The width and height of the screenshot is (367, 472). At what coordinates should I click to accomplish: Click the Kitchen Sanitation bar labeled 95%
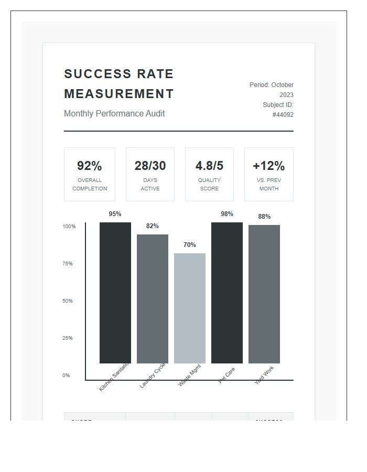coord(115,293)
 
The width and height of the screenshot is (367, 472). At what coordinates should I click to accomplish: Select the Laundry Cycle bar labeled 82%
coord(153,298)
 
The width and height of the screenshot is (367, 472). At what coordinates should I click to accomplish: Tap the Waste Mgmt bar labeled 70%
coord(190,308)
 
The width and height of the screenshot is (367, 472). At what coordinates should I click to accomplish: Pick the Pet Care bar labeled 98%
coord(227,293)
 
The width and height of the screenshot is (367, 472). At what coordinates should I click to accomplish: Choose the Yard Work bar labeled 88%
coord(264,294)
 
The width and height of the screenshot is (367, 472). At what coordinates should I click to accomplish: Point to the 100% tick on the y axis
coord(69,227)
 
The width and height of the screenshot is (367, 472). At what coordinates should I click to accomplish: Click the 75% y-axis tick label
coord(68,264)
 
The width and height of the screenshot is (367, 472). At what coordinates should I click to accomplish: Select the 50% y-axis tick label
coord(68,301)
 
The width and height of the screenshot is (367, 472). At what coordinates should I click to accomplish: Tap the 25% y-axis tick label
coord(68,338)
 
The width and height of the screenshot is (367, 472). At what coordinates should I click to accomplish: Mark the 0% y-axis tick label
coord(66,376)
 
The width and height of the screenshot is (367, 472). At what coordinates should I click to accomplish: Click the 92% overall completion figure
coord(90,166)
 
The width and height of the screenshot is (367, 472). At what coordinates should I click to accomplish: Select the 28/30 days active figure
coord(150,166)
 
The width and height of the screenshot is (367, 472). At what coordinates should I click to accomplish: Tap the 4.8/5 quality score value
coord(209,166)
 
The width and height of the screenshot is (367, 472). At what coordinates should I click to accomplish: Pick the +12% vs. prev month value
coord(268,166)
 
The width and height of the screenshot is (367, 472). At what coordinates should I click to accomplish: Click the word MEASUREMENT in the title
coord(119,94)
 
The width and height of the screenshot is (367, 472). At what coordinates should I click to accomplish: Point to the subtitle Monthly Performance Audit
coord(114,114)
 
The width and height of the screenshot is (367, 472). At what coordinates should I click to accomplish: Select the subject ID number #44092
coord(283,115)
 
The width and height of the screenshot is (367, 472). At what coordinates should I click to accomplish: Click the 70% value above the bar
coord(190,245)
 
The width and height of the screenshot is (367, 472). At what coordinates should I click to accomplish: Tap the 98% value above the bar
coord(227,214)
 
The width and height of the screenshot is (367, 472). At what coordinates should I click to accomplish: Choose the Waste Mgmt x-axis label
coord(189,376)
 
